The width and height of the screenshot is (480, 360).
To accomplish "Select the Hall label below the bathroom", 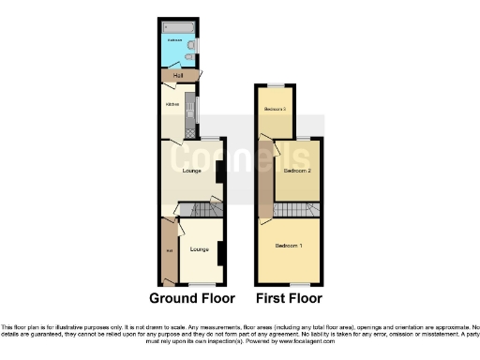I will point(177,75).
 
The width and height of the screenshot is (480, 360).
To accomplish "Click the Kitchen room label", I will point(172,104).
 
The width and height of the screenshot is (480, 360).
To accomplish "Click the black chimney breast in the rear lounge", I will point(218,172).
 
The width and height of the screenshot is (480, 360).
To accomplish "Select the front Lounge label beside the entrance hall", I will point(198,249).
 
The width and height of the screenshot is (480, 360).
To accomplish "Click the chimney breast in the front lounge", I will point(220,252).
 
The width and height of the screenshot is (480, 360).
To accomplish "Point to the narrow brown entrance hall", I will point(169,251).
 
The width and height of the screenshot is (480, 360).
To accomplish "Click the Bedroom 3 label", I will point(274,110).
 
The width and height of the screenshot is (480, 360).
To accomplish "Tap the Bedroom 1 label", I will point(288,246).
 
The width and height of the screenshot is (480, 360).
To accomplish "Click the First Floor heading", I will point(289,298).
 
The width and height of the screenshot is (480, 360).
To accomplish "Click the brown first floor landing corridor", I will point(267,178).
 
